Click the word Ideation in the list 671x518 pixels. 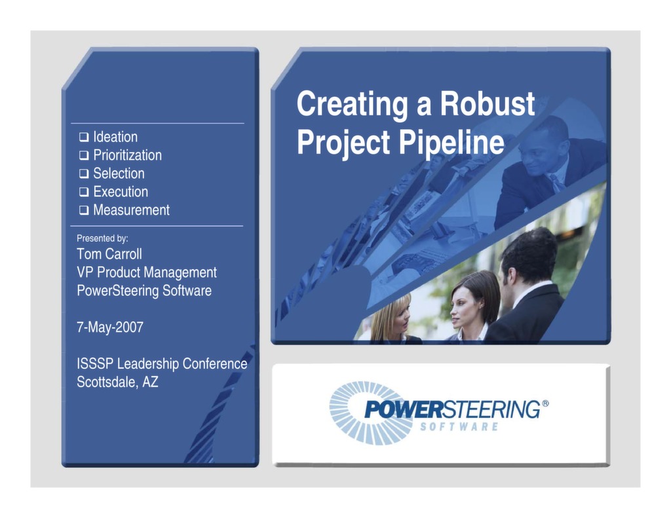(115, 137)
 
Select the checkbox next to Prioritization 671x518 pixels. (84, 156)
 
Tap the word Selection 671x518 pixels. (119, 174)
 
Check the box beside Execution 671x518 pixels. (84, 193)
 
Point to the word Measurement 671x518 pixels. (131, 210)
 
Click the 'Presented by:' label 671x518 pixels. (102, 239)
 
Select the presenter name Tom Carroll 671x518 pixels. (109, 254)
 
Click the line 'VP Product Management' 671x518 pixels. (147, 272)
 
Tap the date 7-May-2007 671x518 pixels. (110, 327)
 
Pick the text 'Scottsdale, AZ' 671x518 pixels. (117, 382)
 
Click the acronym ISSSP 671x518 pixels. (95, 364)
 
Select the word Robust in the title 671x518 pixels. (487, 104)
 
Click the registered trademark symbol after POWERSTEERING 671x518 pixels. (545, 403)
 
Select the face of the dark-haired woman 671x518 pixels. (464, 305)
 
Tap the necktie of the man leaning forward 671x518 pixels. (556, 182)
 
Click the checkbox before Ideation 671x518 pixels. (84, 138)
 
